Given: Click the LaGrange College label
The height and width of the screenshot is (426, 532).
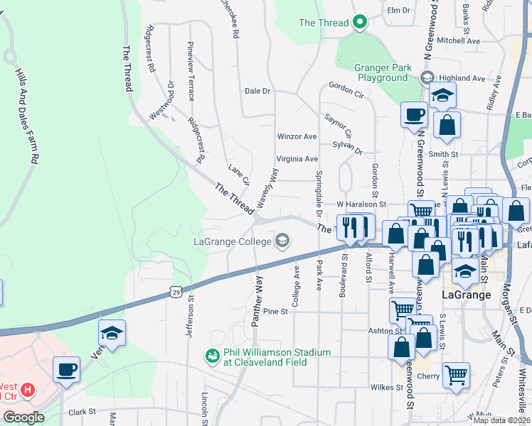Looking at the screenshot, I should pyautogui.click(x=233, y=241).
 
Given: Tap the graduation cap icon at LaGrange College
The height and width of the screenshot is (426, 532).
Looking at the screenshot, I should pyautogui.click(x=283, y=241).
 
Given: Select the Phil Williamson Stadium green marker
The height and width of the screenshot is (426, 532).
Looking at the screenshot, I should pyautogui.click(x=211, y=355).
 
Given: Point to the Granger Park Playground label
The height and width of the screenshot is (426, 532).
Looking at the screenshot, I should pyautogui.click(x=383, y=72).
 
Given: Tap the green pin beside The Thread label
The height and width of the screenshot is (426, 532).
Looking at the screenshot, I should pyautogui.click(x=360, y=23).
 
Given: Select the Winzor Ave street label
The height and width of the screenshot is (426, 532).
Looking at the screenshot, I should pyautogui.click(x=297, y=136).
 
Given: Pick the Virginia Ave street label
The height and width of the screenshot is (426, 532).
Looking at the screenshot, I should pyautogui.click(x=297, y=159).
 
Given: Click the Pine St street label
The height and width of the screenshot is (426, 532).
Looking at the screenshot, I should pyautogui.click(x=275, y=311).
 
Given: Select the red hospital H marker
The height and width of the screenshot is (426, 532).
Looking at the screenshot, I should pyautogui.click(x=27, y=389).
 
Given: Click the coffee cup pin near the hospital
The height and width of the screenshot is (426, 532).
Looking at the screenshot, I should pyautogui.click(x=66, y=370).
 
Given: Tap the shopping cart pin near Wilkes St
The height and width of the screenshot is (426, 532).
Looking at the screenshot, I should pyautogui.click(x=456, y=374).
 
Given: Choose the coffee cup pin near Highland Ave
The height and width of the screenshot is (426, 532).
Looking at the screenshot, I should pyautogui.click(x=414, y=114).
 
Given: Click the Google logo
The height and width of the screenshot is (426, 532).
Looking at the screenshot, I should pyautogui.click(x=23, y=417).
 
